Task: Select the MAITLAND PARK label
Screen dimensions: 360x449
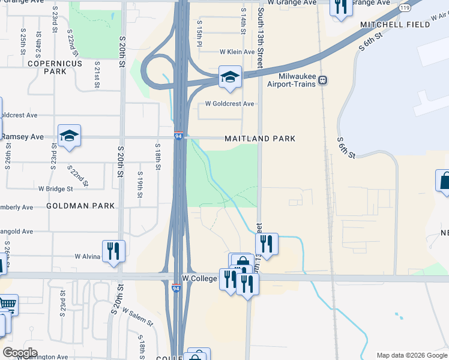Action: coord(259,139)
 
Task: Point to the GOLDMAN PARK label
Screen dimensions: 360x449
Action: coord(80,206)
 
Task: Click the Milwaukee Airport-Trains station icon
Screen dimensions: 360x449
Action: coord(323,80)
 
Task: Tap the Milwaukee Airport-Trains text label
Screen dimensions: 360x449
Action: coord(288,80)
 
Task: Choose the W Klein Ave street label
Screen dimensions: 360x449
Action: coord(238,52)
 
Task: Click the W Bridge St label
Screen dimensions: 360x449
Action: coord(55,188)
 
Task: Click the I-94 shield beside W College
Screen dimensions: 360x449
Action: coord(176,288)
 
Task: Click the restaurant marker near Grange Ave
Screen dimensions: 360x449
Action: coord(341,7)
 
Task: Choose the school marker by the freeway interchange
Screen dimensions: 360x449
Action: coord(229,76)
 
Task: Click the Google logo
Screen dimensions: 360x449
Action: coord(20,353)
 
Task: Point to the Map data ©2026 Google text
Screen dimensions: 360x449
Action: coord(412,355)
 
